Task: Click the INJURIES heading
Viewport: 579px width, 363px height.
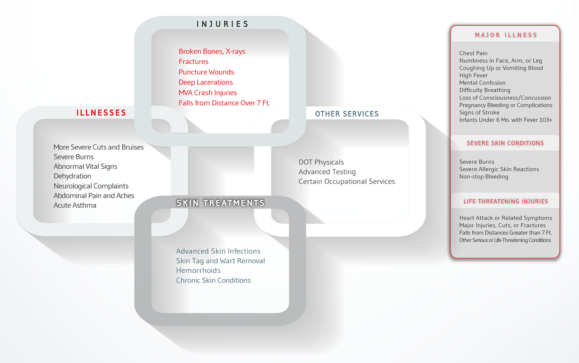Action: (223, 24)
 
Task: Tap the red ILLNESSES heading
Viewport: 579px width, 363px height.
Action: (101, 112)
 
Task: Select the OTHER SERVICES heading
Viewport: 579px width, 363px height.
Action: (347, 114)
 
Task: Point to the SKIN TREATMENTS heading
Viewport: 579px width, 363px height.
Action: (220, 203)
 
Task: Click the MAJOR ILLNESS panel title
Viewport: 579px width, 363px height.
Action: (506, 35)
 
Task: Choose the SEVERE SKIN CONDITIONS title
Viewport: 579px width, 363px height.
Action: (505, 143)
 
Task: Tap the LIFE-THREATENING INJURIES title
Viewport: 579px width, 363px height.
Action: (505, 201)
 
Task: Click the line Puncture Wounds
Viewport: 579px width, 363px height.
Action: (206, 72)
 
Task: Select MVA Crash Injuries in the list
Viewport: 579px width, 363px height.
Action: (208, 93)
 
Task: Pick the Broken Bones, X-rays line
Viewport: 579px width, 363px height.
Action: (212, 51)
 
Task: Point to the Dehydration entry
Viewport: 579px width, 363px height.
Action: (72, 176)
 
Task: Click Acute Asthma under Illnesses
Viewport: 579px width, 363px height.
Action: (75, 205)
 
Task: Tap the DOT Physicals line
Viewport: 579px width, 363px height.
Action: (321, 162)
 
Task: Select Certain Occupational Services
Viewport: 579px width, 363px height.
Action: (347, 181)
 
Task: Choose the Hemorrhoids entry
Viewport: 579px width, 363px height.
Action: (198, 270)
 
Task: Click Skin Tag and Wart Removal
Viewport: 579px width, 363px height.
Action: (220, 261)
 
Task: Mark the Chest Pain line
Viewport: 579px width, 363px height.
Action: (473, 53)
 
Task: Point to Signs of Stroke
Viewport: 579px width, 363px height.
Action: (479, 112)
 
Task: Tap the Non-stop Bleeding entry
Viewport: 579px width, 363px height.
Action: (483, 177)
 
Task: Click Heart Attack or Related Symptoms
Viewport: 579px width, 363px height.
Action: (505, 218)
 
